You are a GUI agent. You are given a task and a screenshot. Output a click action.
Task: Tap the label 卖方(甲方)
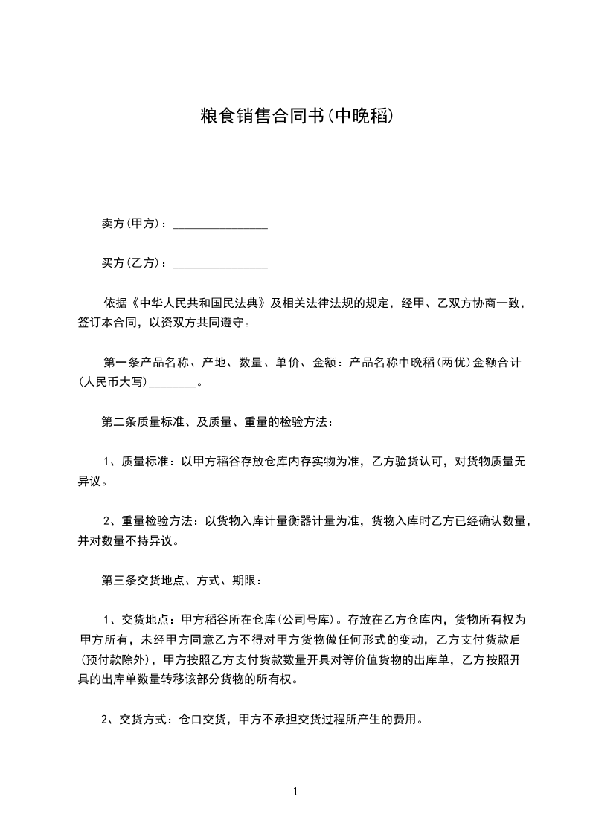tap(132, 224)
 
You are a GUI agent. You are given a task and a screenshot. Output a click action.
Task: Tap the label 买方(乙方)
tap(132, 263)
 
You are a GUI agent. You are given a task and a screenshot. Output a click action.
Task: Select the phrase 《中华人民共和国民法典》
tap(198, 303)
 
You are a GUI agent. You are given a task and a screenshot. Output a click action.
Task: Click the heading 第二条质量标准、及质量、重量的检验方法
tap(217, 422)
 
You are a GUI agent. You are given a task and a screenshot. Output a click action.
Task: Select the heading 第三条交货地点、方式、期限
tap(179, 579)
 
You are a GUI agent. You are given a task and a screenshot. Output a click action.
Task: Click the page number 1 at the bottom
tap(295, 792)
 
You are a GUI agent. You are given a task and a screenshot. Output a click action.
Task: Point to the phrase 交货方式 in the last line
tap(147, 719)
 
